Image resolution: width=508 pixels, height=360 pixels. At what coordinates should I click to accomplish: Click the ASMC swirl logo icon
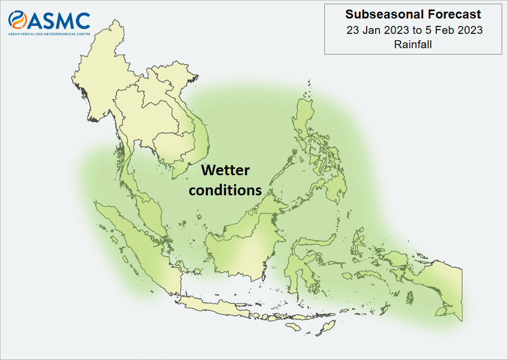click(x=17, y=20)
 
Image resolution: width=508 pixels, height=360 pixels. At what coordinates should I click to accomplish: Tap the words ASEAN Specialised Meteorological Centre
click(x=49, y=34)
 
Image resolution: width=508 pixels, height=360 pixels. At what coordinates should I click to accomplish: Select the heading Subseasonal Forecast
click(x=413, y=14)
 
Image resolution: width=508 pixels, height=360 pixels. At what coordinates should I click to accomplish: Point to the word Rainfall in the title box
click(x=413, y=44)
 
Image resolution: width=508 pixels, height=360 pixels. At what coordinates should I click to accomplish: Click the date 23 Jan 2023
click(x=377, y=30)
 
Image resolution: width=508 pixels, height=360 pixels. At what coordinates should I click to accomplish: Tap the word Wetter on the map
click(x=225, y=170)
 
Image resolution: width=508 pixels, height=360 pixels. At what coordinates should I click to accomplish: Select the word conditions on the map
click(x=225, y=190)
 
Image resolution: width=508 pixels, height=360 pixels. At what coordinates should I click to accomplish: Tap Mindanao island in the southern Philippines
click(x=332, y=187)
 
